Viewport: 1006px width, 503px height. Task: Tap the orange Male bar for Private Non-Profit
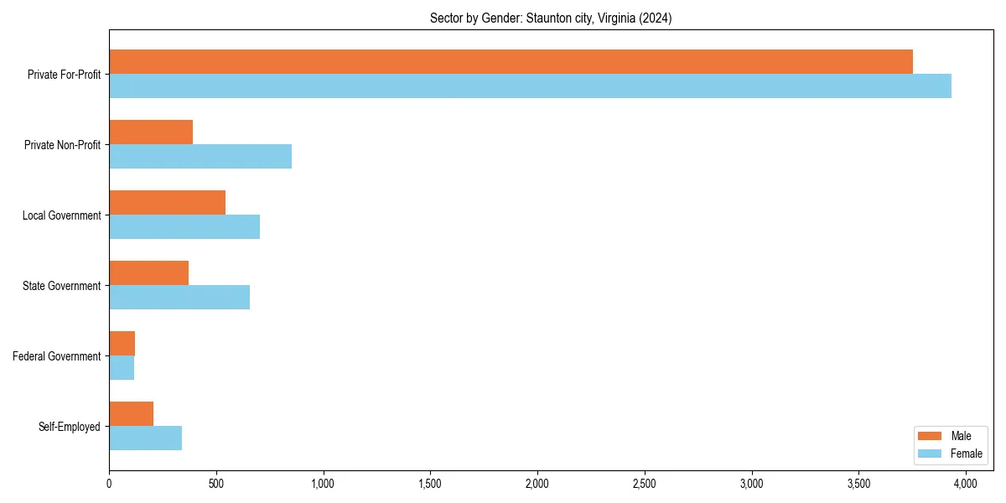click(151, 132)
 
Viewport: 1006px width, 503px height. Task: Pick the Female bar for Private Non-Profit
click(200, 157)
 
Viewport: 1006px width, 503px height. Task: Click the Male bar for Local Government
click(167, 203)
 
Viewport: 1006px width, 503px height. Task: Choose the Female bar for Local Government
click(184, 227)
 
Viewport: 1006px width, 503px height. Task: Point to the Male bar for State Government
click(148, 273)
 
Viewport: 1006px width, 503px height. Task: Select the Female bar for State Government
click(179, 298)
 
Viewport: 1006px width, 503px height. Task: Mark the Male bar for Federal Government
click(122, 344)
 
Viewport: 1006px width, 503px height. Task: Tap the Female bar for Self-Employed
click(145, 438)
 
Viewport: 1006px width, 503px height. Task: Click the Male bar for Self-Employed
click(131, 414)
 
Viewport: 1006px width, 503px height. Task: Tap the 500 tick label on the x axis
click(216, 484)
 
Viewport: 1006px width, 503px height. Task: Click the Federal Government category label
click(57, 356)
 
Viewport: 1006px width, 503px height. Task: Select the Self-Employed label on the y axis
click(70, 427)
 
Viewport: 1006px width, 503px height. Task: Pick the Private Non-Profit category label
click(62, 145)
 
